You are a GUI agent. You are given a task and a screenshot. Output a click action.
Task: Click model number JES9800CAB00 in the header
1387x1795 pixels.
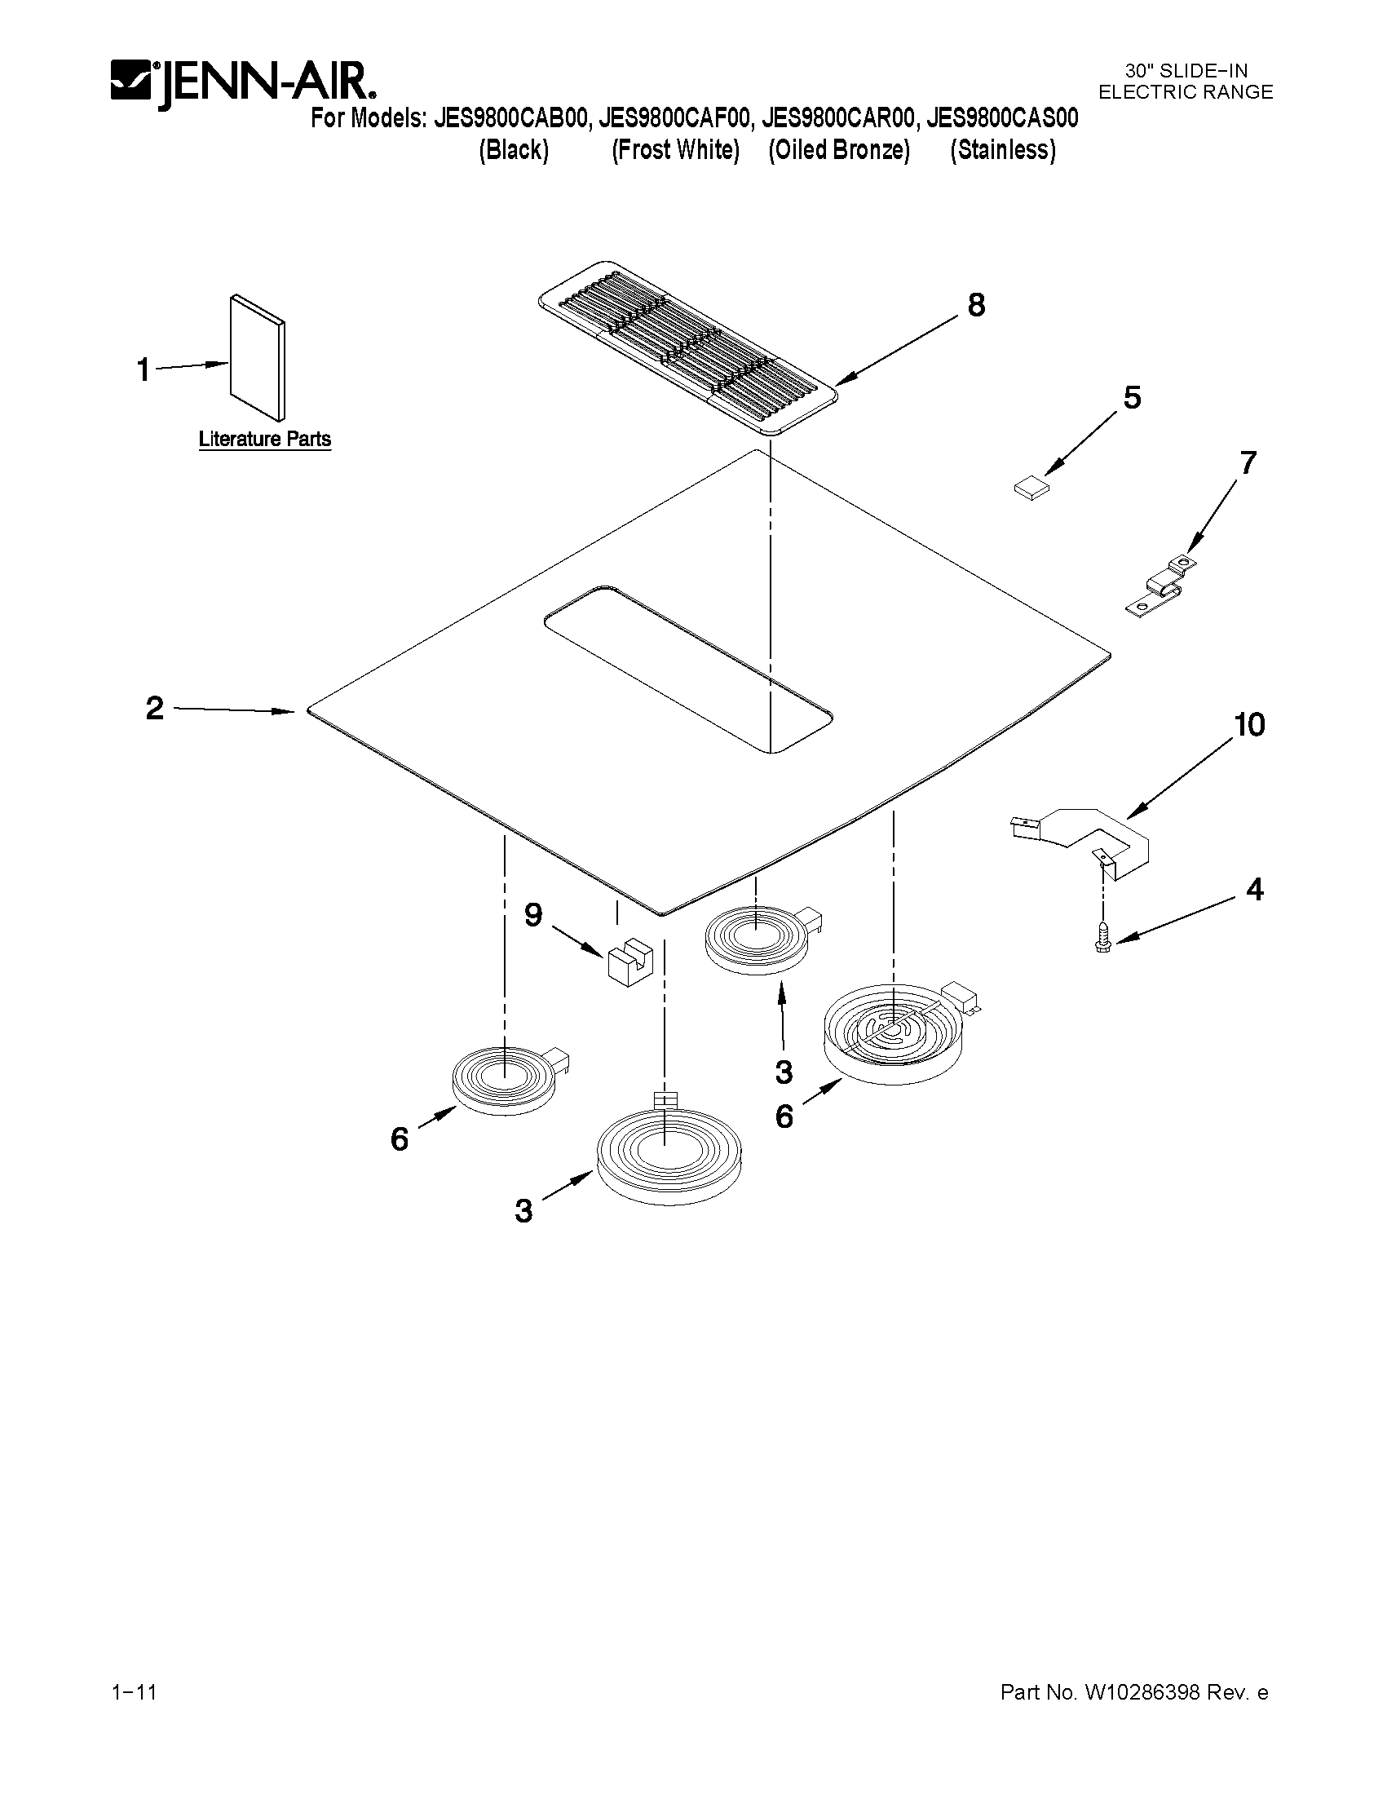pos(511,118)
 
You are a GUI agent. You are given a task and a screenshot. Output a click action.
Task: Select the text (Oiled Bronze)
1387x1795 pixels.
pos(839,150)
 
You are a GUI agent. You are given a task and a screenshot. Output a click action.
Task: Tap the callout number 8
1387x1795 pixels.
pos(975,306)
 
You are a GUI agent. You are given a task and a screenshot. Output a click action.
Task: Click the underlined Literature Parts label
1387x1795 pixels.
pos(264,440)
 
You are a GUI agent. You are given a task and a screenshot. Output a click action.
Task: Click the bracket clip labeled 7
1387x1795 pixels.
pos(1160,586)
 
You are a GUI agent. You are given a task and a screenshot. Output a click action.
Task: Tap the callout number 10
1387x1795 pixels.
pos(1249,725)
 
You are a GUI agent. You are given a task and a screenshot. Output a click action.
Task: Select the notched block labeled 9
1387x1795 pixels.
pos(629,964)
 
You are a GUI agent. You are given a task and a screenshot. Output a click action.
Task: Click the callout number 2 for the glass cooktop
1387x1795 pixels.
pos(154,708)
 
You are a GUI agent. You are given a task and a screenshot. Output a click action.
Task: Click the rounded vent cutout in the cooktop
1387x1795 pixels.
pos(688,668)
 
